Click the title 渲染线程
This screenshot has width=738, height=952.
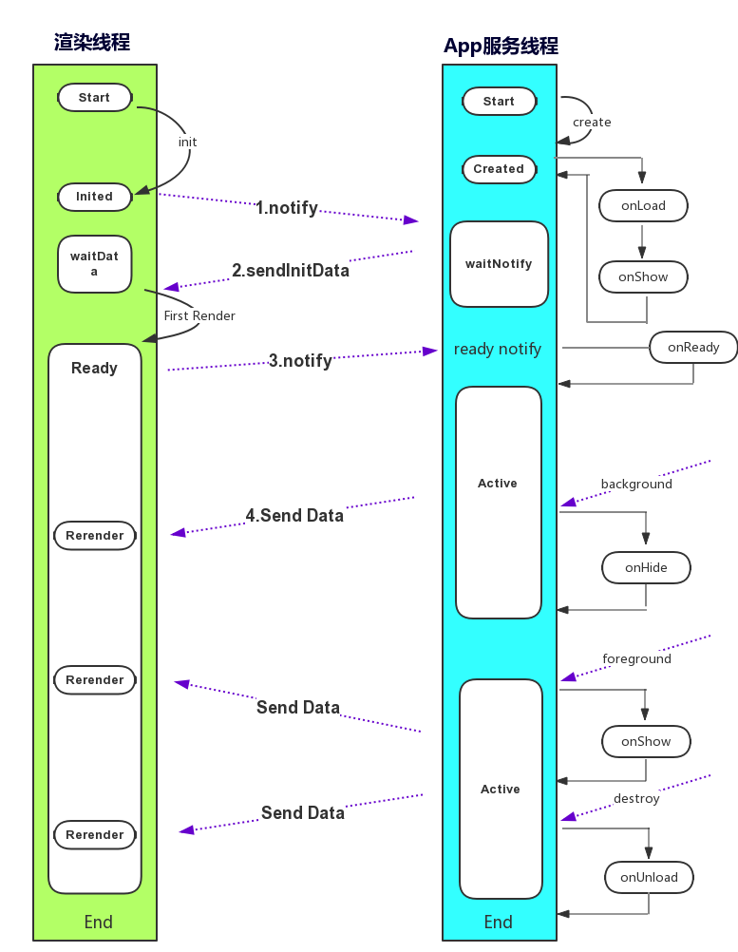click(92, 43)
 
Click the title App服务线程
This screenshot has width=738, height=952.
click(501, 47)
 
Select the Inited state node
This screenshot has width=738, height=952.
click(94, 197)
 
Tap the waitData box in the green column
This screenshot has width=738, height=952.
click(94, 264)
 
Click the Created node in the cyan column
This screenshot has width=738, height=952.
click(499, 169)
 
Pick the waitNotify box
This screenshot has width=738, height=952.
click(499, 264)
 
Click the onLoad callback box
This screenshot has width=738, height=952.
click(643, 206)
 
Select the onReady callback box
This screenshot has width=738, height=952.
click(693, 347)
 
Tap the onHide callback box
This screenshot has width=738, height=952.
click(646, 567)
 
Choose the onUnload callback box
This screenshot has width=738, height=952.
click(649, 877)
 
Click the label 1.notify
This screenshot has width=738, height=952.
click(287, 208)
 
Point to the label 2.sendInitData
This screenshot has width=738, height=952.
click(291, 271)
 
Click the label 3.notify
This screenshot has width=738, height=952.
click(300, 361)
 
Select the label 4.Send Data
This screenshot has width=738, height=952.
click(294, 516)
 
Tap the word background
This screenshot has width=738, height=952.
click(636, 485)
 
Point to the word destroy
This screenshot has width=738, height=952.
click(636, 799)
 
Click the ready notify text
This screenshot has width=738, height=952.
click(498, 349)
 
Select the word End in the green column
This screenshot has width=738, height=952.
click(98, 922)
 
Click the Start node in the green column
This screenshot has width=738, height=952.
click(94, 98)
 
